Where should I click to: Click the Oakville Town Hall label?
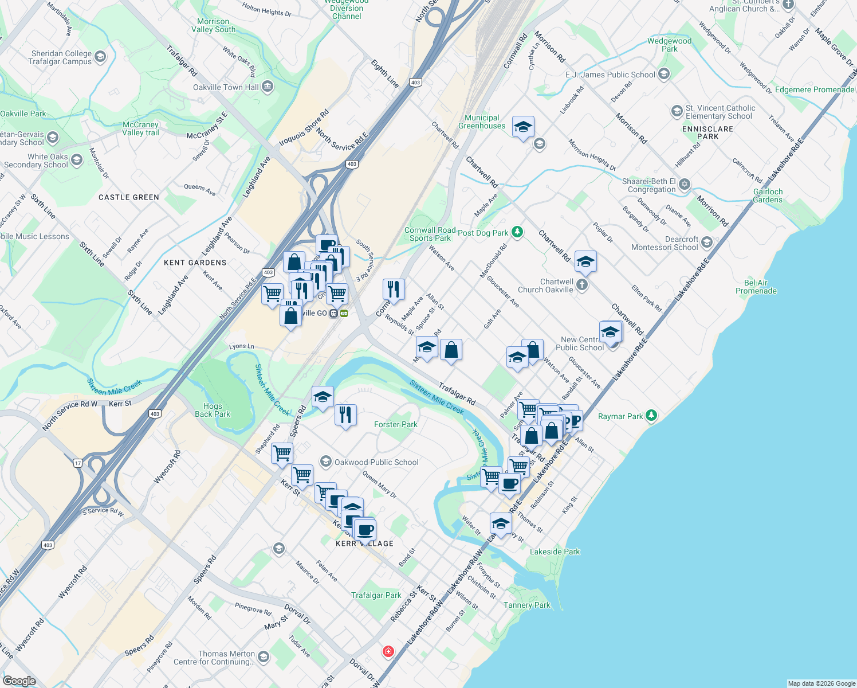[226, 88]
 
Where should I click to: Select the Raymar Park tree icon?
[651, 416]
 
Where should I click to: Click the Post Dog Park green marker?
[517, 232]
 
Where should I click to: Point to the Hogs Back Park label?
[213, 410]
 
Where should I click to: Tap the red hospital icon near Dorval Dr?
[388, 652]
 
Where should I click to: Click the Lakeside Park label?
[555, 552]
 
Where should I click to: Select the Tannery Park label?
[526, 605]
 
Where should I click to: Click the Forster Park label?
[396, 424]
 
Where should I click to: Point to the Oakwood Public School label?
[376, 462]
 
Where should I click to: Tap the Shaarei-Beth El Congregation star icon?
[685, 185]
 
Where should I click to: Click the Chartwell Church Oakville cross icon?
[582, 285]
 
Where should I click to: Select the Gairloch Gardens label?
[768, 196]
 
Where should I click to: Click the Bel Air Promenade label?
[756, 287]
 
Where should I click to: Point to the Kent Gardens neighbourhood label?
[195, 263]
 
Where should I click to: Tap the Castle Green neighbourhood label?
[129, 197]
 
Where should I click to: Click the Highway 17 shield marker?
[78, 463]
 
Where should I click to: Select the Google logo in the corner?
[19, 681]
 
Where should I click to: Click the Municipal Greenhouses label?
[482, 122]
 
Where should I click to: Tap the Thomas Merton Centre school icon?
[264, 656]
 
